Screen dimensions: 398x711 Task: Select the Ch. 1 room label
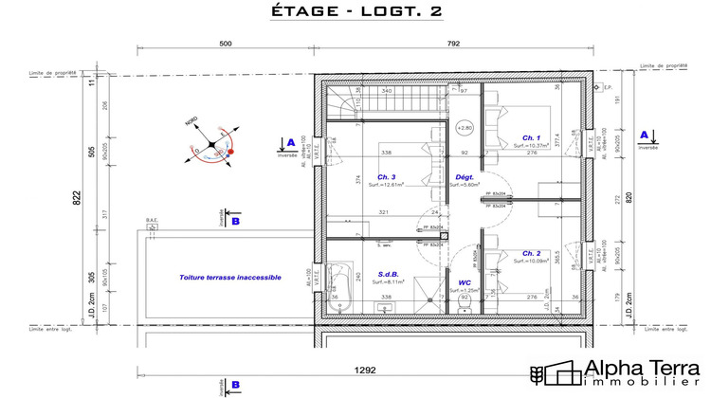coord(519,137)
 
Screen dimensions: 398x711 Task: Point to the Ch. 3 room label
coord(386,176)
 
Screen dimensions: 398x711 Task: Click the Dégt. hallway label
coord(465,176)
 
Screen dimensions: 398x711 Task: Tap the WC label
coord(465,281)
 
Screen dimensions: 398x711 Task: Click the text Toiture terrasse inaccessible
coord(230,278)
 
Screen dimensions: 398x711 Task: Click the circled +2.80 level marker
coord(465,127)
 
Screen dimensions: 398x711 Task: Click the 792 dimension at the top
coord(453,44)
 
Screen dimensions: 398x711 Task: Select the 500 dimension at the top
coord(226,44)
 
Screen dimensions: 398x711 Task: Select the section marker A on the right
coord(644,136)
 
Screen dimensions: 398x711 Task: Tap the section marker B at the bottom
coord(234,384)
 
